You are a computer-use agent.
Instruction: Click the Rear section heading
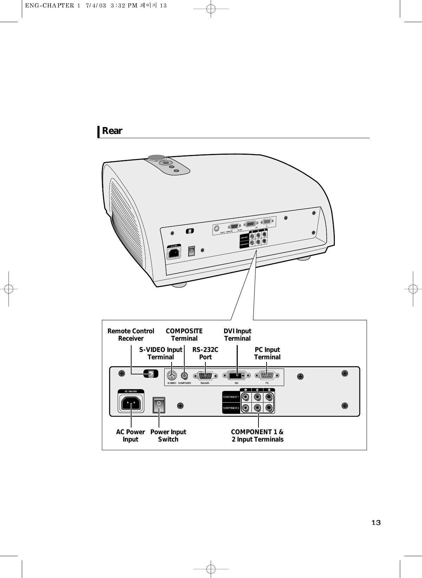tap(112, 131)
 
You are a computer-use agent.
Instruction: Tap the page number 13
tap(376, 522)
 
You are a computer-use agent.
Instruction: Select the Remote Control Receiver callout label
tap(131, 335)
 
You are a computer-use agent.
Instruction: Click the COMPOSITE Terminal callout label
tap(184, 335)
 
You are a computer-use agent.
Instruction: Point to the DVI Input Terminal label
tap(237, 335)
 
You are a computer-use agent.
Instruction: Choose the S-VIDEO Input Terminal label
tap(161, 353)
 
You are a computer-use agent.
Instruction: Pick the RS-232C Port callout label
tap(205, 353)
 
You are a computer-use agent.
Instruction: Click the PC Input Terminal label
tap(267, 353)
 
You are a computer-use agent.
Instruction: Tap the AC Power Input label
tap(130, 435)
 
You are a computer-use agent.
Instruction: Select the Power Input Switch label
tap(168, 435)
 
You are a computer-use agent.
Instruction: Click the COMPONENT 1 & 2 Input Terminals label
tap(257, 435)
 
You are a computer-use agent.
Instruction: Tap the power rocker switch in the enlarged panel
tap(159, 405)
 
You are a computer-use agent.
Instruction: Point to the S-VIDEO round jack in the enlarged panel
tap(172, 375)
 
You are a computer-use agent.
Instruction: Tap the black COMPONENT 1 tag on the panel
tap(231, 397)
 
